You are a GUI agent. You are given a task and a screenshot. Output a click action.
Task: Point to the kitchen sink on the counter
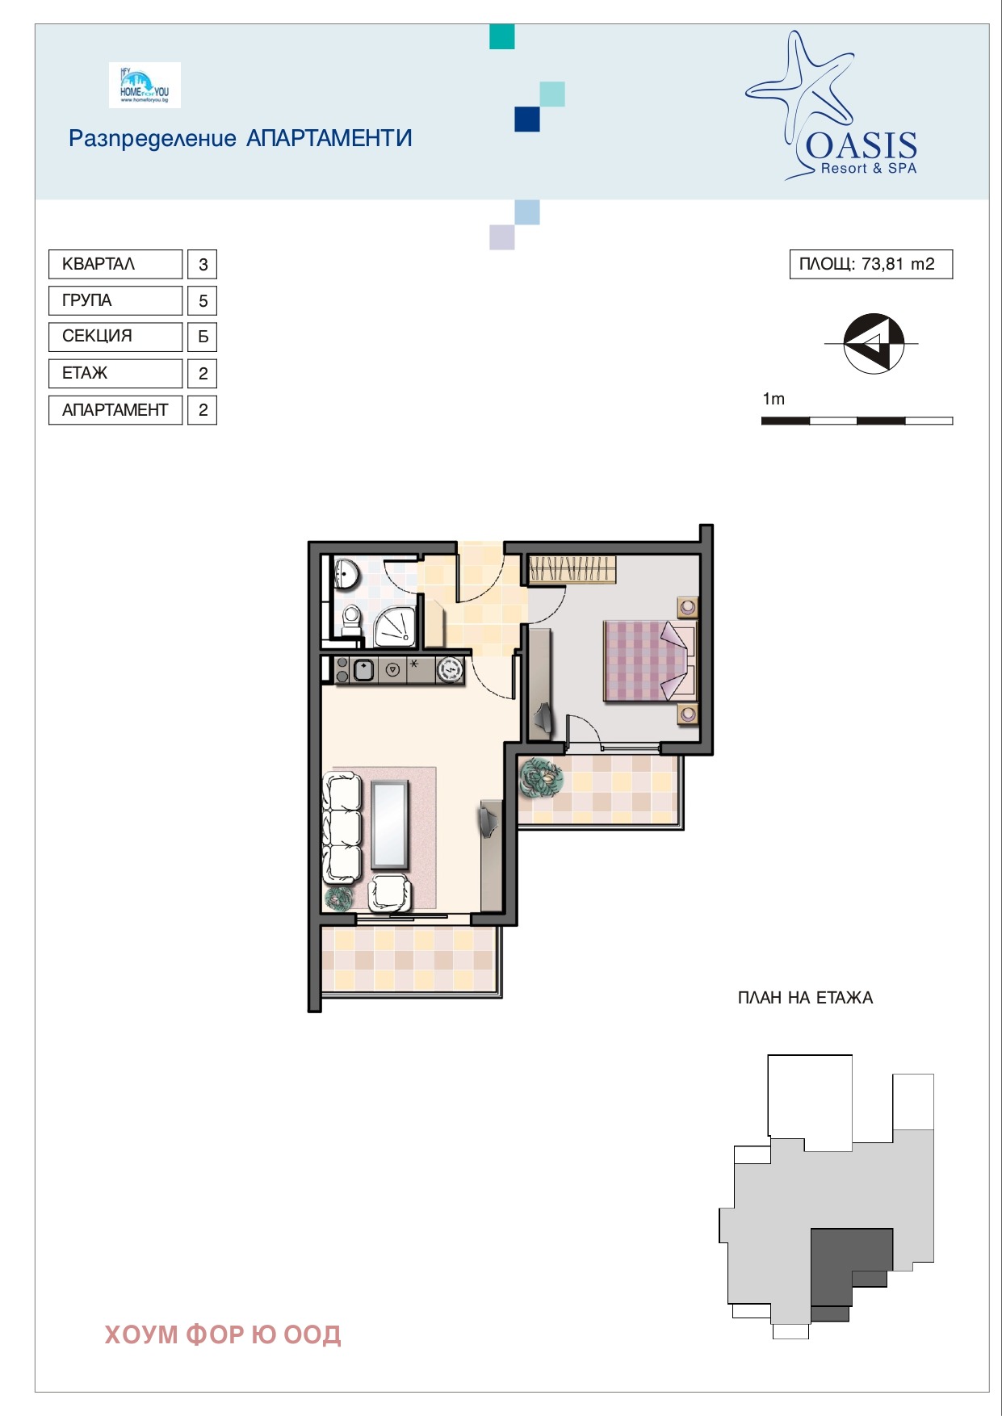point(363,669)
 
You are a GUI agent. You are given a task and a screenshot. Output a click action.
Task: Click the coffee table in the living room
point(390,824)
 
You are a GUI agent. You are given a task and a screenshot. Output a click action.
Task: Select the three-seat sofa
point(342,827)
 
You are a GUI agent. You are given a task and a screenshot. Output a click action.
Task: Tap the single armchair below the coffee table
point(390,892)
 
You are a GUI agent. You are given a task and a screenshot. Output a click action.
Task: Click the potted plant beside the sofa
point(339,898)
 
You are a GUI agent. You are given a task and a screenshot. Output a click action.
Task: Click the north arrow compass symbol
point(873,343)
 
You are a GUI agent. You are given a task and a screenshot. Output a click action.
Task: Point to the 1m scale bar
point(857,421)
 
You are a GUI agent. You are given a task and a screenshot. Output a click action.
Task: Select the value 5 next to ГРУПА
point(203,301)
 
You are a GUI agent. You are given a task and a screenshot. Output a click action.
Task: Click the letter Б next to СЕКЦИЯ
point(203,337)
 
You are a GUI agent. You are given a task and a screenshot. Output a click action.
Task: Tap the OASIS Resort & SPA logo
point(832,105)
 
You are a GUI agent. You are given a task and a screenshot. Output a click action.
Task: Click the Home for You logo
point(145,85)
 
